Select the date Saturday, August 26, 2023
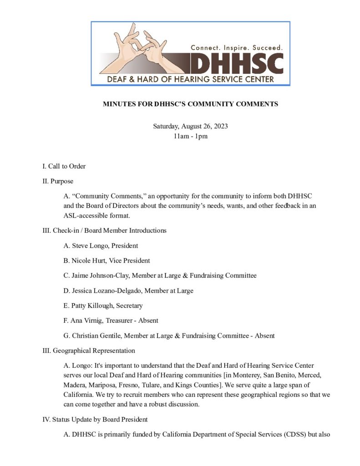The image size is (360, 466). point(190,126)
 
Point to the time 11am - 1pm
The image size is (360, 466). point(190,136)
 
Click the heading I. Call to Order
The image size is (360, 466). point(64,166)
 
